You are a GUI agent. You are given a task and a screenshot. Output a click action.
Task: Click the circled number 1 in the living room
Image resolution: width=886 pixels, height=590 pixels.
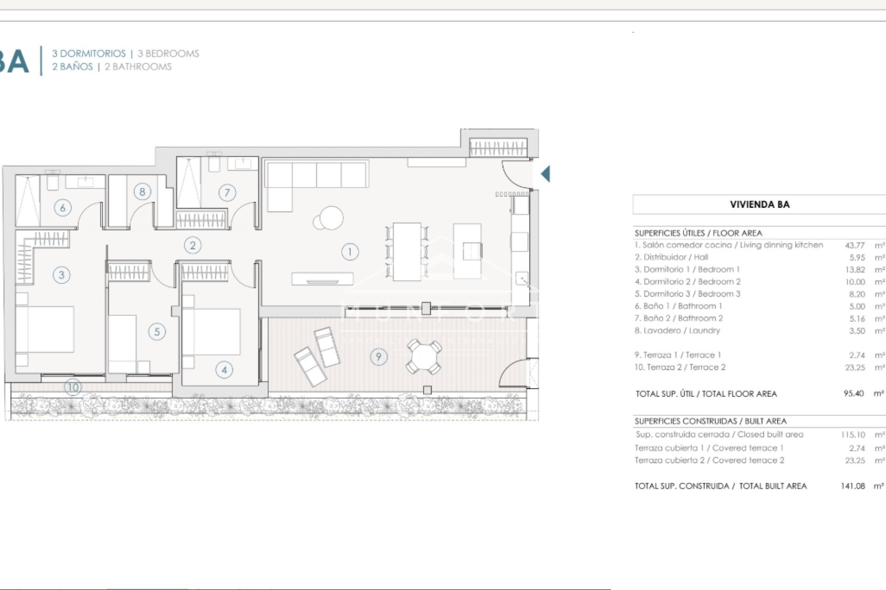coord(350,252)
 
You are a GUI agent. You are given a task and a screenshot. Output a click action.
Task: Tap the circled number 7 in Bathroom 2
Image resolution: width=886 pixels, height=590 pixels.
coord(227,192)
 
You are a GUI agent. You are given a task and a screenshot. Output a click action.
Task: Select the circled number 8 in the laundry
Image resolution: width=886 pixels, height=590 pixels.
coord(142,192)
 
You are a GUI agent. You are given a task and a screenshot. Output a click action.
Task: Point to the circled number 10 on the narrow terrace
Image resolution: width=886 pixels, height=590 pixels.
coord(73,387)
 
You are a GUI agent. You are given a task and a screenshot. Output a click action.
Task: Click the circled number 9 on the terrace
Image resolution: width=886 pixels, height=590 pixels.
coord(378,356)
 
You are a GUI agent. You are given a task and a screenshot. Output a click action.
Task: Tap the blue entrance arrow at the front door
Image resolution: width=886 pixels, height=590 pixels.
coord(545,174)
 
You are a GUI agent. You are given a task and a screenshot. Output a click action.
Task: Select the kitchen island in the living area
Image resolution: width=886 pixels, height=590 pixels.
coord(467,251)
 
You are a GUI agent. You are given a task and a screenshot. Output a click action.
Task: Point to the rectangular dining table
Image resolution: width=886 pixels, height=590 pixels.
coord(407,252)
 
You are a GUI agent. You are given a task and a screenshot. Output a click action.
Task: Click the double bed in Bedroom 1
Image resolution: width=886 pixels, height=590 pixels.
coord(45,329)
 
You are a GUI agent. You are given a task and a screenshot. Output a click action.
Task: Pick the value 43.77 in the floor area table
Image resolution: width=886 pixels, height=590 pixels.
coord(855,245)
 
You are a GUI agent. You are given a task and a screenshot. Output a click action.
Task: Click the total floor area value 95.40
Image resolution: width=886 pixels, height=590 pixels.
coord(853,394)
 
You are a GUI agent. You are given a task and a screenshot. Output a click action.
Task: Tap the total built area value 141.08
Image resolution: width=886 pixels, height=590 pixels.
coord(852,486)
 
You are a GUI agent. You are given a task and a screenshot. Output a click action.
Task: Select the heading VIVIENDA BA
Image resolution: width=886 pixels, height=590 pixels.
coord(760,204)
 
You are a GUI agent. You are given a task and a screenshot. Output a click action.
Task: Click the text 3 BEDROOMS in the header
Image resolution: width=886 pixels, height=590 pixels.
coord(168,53)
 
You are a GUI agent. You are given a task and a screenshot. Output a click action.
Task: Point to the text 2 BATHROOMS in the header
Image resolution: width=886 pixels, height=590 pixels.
coord(138,67)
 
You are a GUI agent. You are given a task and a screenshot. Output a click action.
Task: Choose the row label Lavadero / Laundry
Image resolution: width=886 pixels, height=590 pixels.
coord(677,330)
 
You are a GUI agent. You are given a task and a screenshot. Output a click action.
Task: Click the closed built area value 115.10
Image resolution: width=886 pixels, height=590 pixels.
coord(852,435)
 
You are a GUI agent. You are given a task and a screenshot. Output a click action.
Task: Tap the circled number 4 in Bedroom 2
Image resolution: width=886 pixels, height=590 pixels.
coord(224,369)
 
